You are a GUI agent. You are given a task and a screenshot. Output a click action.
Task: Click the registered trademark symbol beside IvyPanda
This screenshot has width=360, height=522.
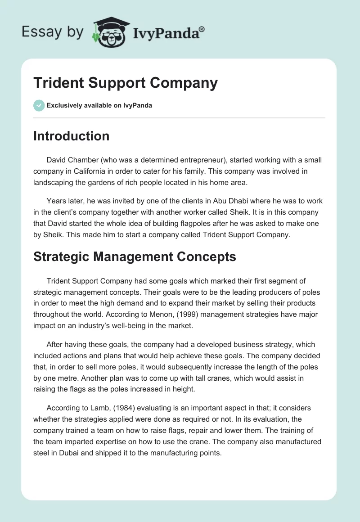[202, 29]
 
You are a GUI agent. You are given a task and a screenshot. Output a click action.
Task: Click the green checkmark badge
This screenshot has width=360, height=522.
[39, 105]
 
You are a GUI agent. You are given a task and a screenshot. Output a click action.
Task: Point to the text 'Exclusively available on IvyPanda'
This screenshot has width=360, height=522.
[99, 106]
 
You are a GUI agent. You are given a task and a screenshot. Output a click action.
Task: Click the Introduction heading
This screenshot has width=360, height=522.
[71, 136]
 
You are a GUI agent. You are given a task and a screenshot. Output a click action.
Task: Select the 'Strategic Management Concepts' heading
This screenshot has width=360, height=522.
[135, 257]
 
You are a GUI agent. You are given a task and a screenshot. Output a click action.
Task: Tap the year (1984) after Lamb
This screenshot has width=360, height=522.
[109, 408]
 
